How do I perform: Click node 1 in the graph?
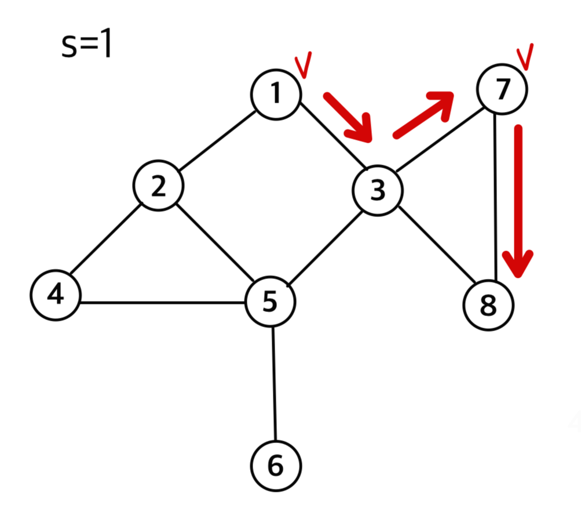point(276,94)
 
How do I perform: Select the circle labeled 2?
point(158,186)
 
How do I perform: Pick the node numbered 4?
point(55,295)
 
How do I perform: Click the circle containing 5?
point(270,302)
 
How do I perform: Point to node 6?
point(276,465)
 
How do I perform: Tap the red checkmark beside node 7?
point(525,57)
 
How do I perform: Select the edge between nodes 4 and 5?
point(162,302)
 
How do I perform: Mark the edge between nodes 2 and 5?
point(214,244)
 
